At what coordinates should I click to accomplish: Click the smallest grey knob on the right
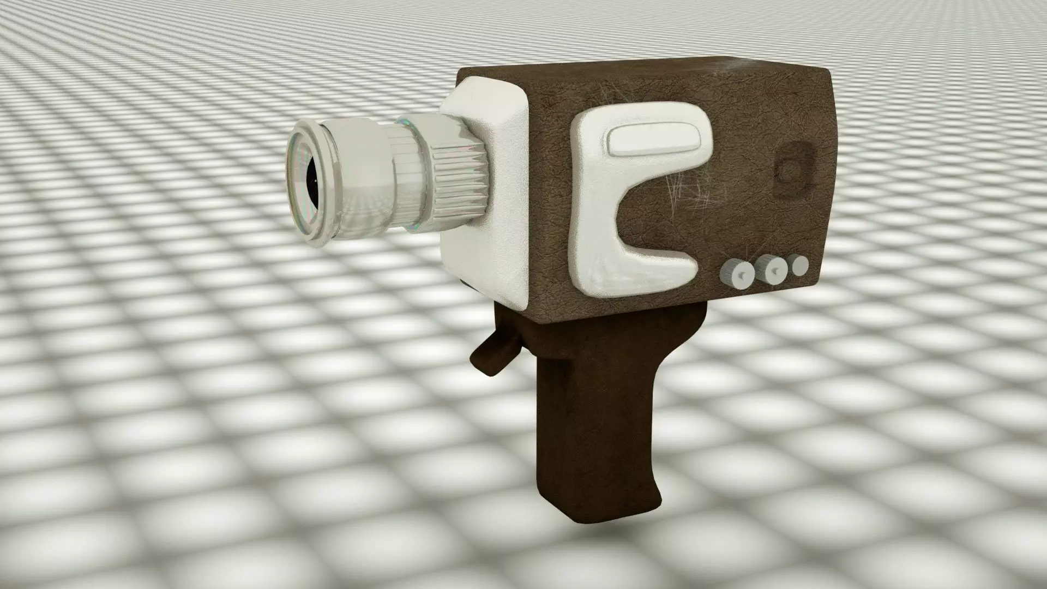click(800, 265)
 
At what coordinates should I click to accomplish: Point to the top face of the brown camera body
click(627, 71)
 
